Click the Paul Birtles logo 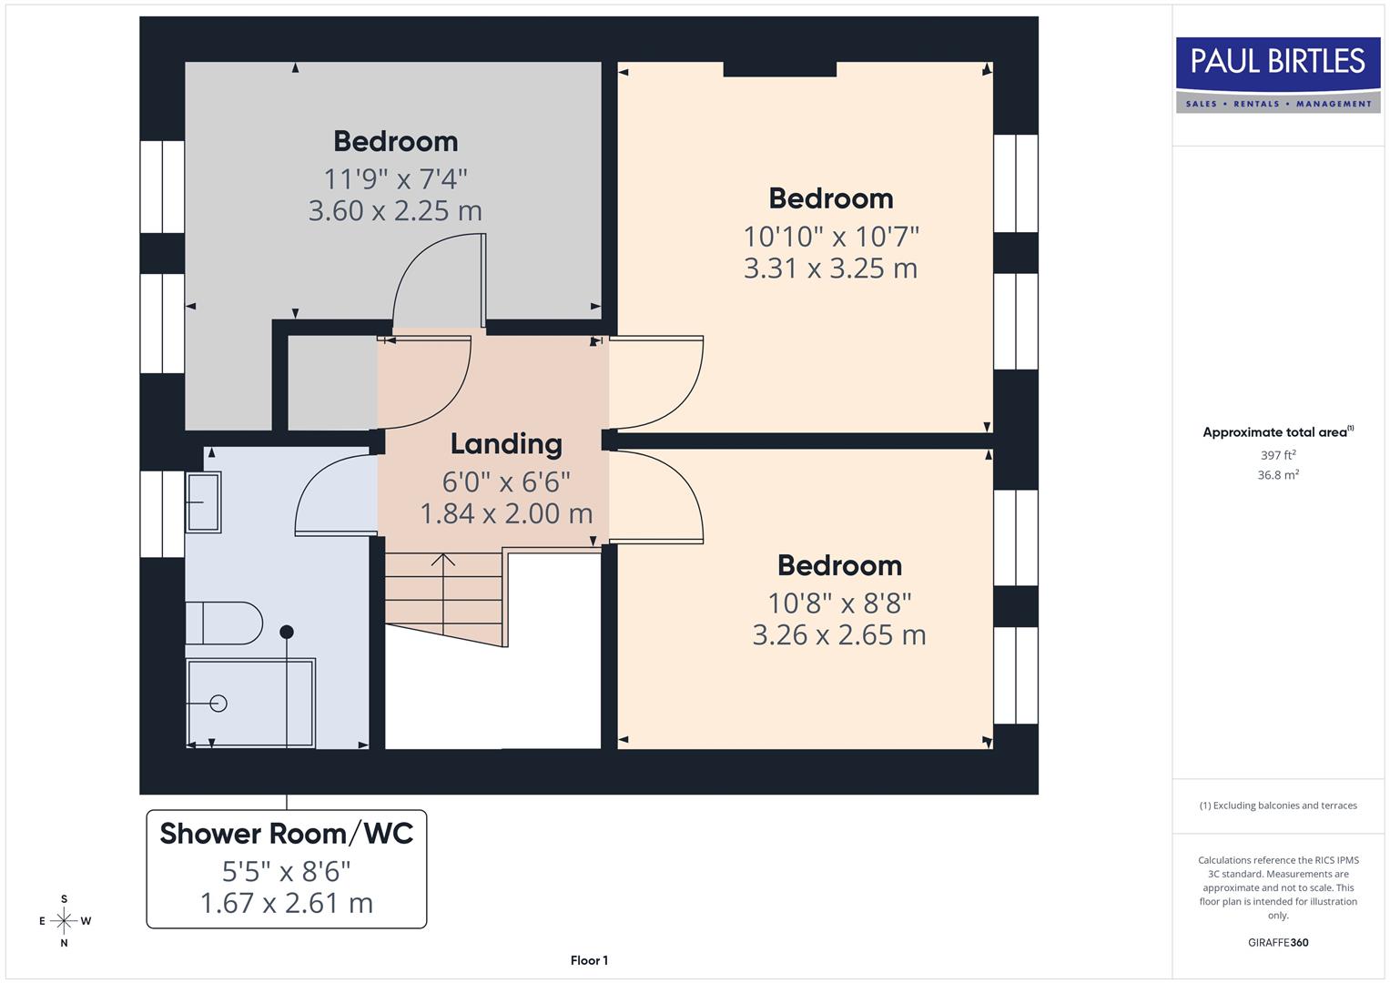1278,75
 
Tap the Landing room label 506,444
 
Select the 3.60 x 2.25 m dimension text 395,211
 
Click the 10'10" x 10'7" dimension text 831,237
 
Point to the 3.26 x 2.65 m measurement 839,635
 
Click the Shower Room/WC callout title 287,834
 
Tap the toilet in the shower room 223,623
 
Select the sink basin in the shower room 203,502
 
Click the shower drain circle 218,703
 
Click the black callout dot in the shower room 287,632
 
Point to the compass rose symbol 64,921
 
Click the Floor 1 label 589,960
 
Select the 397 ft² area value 1278,455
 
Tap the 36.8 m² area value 1278,475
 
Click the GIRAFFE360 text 1278,943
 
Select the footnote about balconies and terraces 1278,806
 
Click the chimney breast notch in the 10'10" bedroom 780,69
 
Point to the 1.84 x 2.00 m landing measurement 506,514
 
